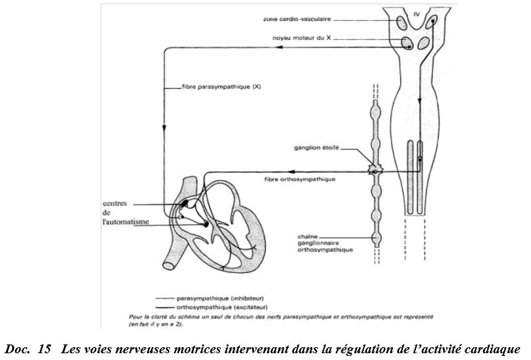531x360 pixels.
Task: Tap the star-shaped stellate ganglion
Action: click(373, 171)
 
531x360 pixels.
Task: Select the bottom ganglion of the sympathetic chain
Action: click(374, 238)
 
